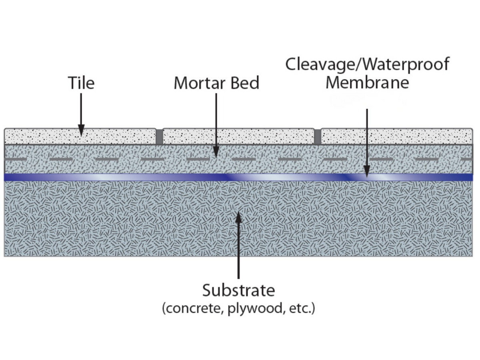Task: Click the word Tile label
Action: [x=81, y=83]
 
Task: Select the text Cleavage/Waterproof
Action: [x=367, y=64]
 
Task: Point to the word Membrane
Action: [x=367, y=83]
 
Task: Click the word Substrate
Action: [x=238, y=291]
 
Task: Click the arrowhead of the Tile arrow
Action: [x=81, y=131]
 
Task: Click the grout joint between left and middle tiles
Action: [x=159, y=137]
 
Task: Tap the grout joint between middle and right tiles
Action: [x=318, y=137]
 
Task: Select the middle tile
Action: [x=238, y=136]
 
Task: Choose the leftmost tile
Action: [x=80, y=136]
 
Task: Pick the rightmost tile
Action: [x=397, y=136]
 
